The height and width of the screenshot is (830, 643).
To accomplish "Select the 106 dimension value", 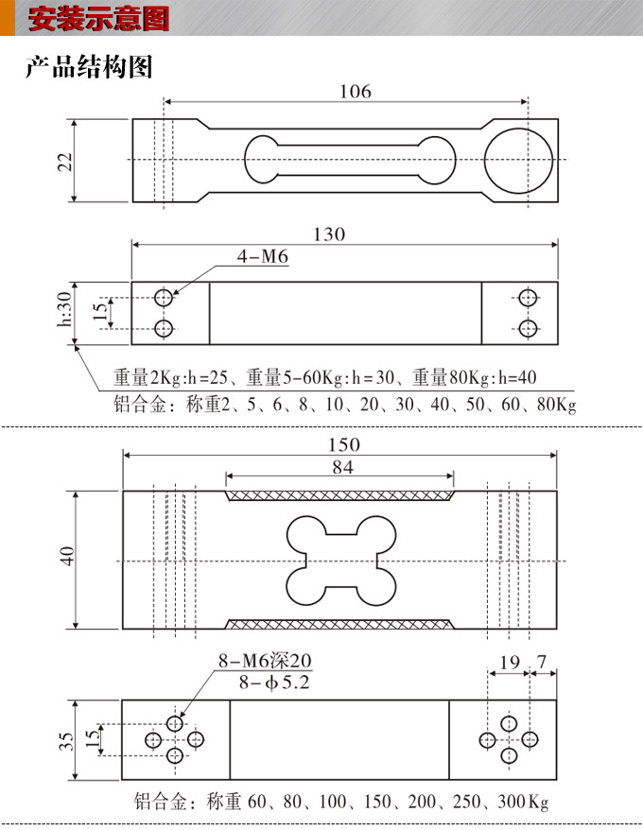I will point(355,91).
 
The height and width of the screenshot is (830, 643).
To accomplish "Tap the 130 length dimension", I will point(329,234).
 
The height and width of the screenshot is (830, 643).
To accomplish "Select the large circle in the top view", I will point(519,160).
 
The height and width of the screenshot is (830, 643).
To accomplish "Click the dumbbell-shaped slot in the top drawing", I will point(349,160).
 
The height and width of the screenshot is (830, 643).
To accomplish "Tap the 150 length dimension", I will point(343,444).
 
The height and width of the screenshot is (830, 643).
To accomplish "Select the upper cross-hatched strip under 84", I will point(339,494).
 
